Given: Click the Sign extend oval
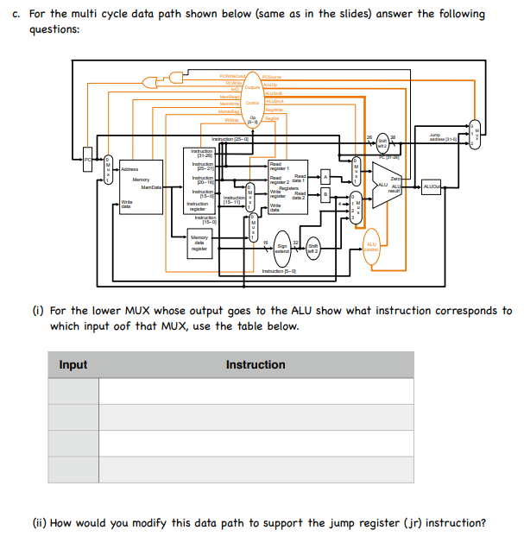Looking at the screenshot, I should tap(281, 248).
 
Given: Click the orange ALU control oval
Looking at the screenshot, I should tap(371, 246).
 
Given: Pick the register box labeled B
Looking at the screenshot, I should tap(325, 195).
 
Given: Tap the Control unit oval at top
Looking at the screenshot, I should tap(253, 103).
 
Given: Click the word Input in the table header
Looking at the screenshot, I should tap(73, 365).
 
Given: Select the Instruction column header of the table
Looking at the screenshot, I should tap(256, 365).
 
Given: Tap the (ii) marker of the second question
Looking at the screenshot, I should tap(39, 523).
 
